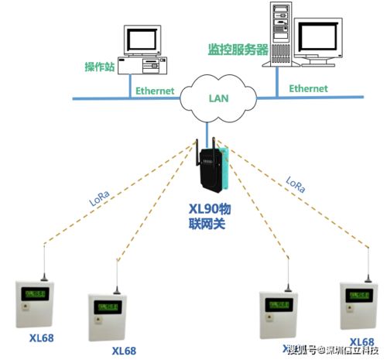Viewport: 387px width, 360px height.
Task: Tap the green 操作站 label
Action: click(x=100, y=67)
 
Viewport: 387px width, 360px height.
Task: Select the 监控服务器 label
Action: click(x=238, y=49)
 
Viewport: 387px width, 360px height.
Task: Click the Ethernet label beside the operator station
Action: click(x=155, y=91)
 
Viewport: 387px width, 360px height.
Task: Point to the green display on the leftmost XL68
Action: click(x=35, y=293)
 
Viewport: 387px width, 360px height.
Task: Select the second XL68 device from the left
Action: click(x=106, y=315)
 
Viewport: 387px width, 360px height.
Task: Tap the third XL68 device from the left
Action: click(x=279, y=314)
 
